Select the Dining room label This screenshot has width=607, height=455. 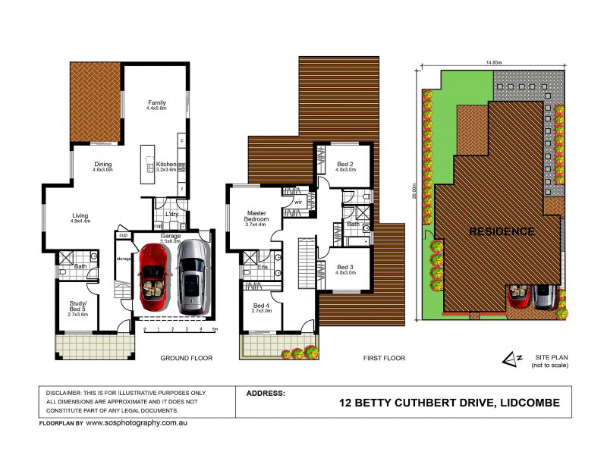pyautogui.click(x=102, y=167)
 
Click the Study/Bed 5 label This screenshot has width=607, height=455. pyautogui.click(x=79, y=306)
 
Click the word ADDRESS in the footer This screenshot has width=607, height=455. pyautogui.click(x=266, y=394)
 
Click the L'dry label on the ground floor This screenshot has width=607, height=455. pyautogui.click(x=171, y=215)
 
